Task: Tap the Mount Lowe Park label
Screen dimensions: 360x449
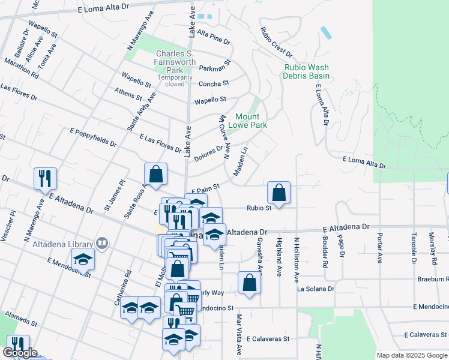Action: coord(251,121)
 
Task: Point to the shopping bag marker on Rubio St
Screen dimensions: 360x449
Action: coord(279,193)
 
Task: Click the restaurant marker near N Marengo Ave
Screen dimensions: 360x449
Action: coord(45,178)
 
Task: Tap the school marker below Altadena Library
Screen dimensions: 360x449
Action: coord(83,259)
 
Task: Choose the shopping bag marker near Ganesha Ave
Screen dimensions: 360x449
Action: coord(249,283)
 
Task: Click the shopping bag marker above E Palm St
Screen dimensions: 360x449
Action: coord(155,175)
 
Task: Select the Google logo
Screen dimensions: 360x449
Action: coord(20,353)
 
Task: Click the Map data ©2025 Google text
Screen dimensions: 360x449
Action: coord(412,355)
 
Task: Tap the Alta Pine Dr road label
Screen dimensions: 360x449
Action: coord(213,37)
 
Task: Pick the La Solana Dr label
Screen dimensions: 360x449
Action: coord(316,289)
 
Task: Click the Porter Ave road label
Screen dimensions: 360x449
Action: coord(379,248)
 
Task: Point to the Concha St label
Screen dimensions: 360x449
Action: coord(214,83)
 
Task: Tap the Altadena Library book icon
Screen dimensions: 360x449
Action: coord(102,243)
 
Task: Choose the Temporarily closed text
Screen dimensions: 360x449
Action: coord(175,80)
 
